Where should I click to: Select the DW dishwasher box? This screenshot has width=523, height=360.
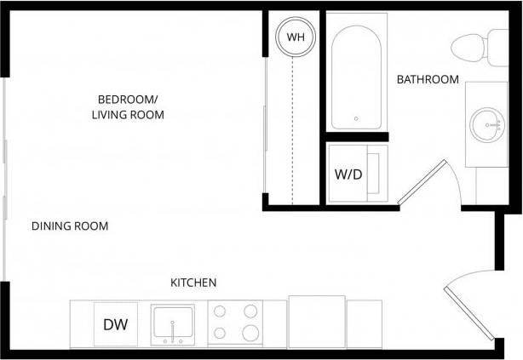(x=115, y=324)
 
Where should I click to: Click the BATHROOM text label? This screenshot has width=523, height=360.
(x=428, y=80)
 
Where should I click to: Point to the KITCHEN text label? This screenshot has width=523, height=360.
(x=193, y=283)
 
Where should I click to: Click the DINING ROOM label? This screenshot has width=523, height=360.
(x=70, y=226)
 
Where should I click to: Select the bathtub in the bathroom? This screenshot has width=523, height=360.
(x=356, y=77)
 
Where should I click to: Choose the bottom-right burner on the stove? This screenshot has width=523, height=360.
(x=250, y=333)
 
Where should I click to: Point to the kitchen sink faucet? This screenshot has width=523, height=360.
(x=175, y=330)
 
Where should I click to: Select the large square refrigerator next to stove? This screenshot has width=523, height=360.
(x=317, y=321)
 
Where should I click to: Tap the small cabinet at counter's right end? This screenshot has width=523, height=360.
(x=365, y=323)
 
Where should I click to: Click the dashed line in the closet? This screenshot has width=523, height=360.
(x=291, y=128)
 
